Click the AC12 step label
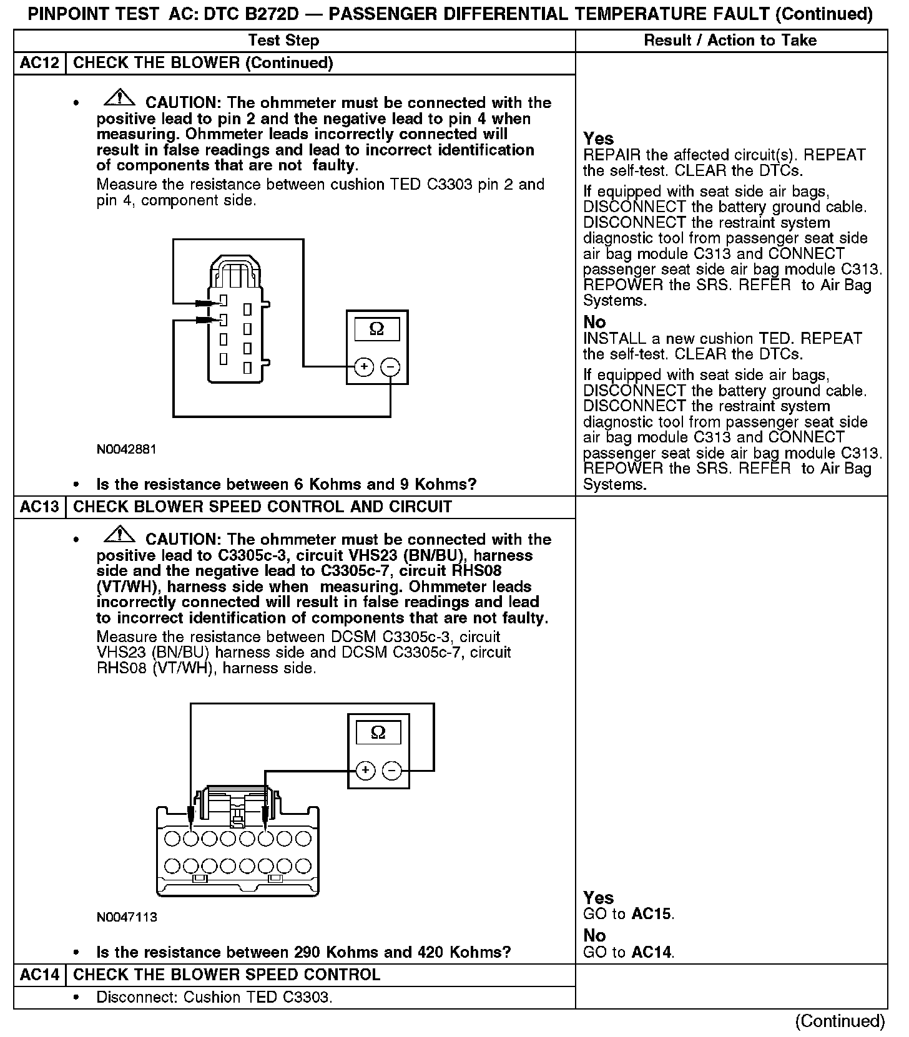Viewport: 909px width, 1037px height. click(39, 63)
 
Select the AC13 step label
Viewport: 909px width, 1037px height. click(39, 507)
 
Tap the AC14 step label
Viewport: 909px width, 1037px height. click(39, 975)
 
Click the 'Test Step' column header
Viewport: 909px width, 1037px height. click(283, 41)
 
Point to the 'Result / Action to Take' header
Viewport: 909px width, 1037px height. click(730, 41)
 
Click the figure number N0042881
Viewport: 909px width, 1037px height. click(126, 449)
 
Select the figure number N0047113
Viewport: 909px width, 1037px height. click(127, 917)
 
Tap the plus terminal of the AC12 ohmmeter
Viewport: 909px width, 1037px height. click(364, 367)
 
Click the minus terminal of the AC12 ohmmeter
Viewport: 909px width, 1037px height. click(390, 367)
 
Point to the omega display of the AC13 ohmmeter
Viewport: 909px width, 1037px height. click(378, 732)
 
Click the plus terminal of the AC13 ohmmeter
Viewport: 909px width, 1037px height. click(365, 771)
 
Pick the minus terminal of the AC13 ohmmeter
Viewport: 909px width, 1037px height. click(391, 771)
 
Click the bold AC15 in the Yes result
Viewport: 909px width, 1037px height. click(652, 915)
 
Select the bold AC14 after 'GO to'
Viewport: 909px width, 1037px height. click(652, 953)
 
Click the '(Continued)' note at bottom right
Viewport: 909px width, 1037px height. click(840, 1021)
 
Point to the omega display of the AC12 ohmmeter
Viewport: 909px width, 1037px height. click(377, 328)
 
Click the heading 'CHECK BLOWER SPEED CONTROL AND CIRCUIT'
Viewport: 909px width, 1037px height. click(262, 507)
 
